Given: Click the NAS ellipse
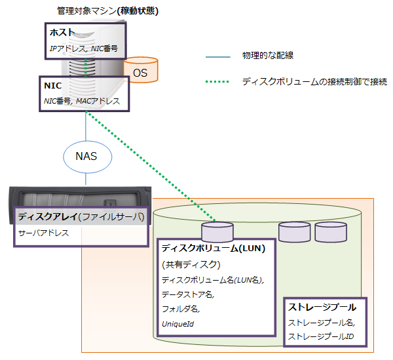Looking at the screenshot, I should click(x=86, y=157).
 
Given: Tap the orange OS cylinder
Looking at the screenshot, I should click(x=141, y=70).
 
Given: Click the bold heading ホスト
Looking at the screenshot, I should click(x=62, y=33).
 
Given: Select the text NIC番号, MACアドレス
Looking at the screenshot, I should click(x=82, y=101).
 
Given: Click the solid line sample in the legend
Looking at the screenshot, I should click(x=217, y=57).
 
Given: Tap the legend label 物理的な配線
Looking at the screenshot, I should click(x=267, y=57).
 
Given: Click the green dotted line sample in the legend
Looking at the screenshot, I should click(x=217, y=82).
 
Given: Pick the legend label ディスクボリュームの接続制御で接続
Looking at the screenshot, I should click(x=314, y=82).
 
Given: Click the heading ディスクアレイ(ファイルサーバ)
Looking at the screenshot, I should click(x=81, y=216).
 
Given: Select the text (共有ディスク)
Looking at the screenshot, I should click(x=190, y=264).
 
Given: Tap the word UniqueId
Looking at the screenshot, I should click(x=177, y=323).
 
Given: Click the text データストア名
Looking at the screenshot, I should click(x=187, y=294).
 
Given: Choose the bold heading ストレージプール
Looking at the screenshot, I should click(x=322, y=307).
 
